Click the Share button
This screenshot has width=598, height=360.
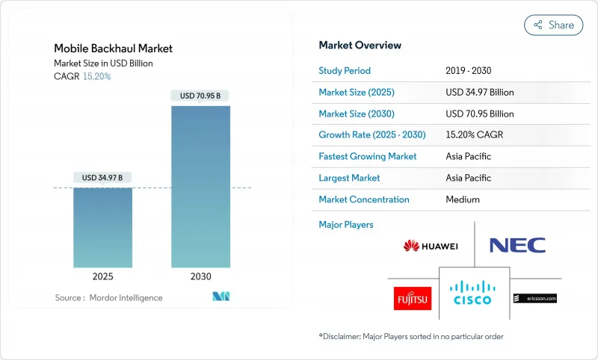coord(553,25)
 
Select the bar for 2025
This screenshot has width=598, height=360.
coord(102,227)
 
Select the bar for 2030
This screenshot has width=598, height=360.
coord(200,187)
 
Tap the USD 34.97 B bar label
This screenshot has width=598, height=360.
coord(102,177)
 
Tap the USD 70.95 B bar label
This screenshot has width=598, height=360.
coord(200,96)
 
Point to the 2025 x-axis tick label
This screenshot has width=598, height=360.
coord(102,276)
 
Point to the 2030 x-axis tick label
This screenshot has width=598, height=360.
coord(200,276)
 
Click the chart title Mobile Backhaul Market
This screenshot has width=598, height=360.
coord(113,49)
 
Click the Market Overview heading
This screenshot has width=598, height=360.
coord(360,46)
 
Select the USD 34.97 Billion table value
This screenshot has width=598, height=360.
coord(479,93)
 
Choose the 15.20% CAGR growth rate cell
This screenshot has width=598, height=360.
coord(475,135)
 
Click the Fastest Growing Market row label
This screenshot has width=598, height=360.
coord(367,157)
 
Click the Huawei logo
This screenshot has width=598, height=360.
coord(431,246)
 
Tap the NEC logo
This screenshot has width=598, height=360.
coord(517,245)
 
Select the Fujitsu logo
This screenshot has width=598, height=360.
coord(413,298)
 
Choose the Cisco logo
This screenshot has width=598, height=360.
coord(474,293)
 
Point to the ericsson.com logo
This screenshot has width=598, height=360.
coord(535,298)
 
